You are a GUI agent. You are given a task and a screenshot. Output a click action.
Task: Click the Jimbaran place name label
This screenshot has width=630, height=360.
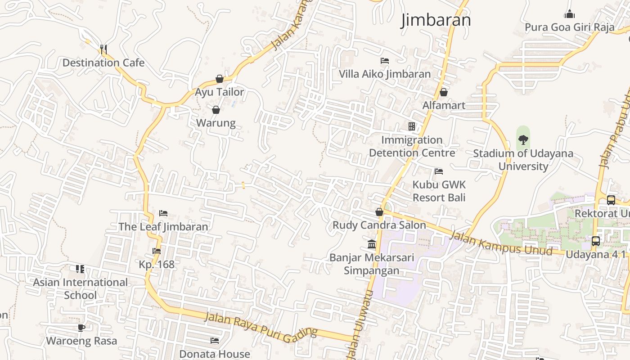click(x=436, y=20)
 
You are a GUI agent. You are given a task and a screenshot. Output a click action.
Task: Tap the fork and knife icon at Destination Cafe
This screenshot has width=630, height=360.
click(x=103, y=49)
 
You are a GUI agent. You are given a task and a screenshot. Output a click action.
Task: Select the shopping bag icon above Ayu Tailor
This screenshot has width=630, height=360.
click(x=220, y=79)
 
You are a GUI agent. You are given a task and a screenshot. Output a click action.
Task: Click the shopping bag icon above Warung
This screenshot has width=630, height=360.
click(x=216, y=110)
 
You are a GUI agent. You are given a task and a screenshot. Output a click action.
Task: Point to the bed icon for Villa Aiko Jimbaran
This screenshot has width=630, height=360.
click(x=385, y=60)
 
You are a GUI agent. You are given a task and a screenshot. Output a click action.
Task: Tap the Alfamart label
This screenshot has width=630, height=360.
click(x=444, y=105)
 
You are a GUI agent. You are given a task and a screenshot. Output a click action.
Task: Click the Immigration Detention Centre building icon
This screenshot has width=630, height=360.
click(x=412, y=126)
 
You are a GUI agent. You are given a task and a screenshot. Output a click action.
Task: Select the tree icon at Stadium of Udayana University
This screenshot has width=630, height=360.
click(x=523, y=139)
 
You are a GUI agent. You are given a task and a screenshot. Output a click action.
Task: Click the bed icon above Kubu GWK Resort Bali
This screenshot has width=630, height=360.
click(x=439, y=171)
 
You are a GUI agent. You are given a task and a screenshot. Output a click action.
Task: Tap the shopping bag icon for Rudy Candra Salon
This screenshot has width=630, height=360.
click(x=379, y=212)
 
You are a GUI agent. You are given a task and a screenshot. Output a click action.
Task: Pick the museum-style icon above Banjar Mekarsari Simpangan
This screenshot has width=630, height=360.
click(x=372, y=244)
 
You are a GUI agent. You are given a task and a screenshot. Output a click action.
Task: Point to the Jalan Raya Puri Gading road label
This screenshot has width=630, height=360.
click(x=261, y=325)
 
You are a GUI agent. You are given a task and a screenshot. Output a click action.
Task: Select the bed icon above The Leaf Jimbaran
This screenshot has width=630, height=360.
click(x=163, y=213)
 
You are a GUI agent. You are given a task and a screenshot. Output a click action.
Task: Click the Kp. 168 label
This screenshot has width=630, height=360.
click(x=157, y=264)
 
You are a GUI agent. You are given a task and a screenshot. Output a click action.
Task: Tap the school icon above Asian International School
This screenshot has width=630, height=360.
click(x=80, y=269)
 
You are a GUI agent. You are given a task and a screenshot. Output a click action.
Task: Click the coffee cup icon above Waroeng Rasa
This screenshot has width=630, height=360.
click(x=81, y=328)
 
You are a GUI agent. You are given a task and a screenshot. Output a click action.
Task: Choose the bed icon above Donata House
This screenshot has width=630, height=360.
click(x=215, y=341)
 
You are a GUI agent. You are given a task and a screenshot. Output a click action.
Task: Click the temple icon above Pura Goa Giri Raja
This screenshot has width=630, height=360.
click(x=569, y=14)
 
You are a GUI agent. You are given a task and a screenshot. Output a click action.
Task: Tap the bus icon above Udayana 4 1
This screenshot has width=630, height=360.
click(x=595, y=241)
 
